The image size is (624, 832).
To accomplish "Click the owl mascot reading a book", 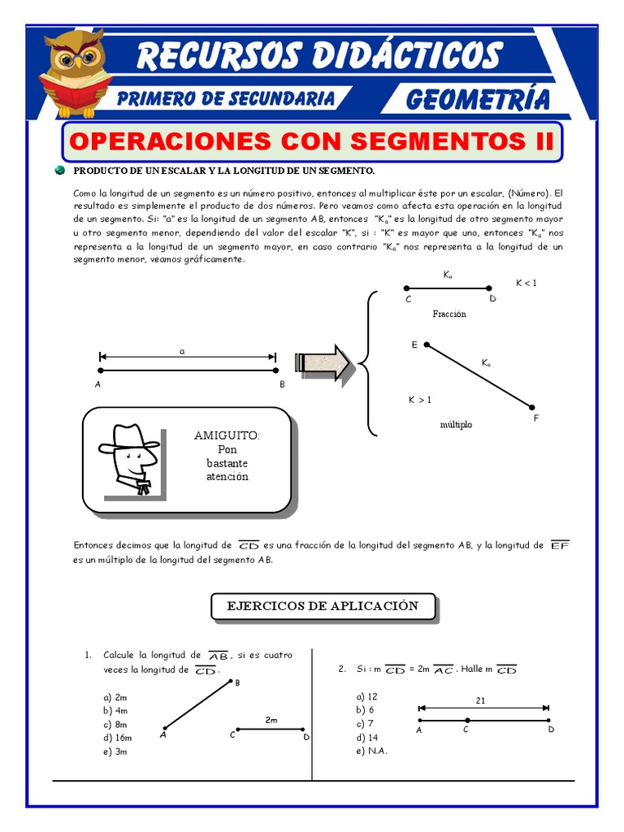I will pyautogui.click(x=76, y=73).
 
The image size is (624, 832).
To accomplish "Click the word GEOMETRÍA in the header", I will pyautogui.click(x=477, y=99).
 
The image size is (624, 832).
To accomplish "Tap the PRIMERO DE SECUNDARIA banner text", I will pyautogui.click(x=226, y=99).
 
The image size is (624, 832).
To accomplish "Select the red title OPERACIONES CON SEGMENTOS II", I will pyautogui.click(x=312, y=141).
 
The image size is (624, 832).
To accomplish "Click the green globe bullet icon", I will pyautogui.click(x=59, y=171).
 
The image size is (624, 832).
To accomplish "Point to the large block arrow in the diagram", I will pyautogui.click(x=324, y=362).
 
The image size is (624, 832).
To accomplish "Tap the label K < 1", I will pyautogui.click(x=526, y=283).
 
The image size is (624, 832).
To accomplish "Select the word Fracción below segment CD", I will pyautogui.click(x=449, y=314).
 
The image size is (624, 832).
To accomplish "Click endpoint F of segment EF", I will pyautogui.click(x=532, y=407).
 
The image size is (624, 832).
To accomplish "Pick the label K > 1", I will pyautogui.click(x=419, y=400).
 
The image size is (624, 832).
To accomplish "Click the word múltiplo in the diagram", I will pyautogui.click(x=455, y=424).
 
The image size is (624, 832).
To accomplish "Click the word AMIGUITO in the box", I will pyautogui.click(x=227, y=435).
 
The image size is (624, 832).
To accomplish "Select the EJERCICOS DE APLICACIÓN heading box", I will pyautogui.click(x=323, y=606).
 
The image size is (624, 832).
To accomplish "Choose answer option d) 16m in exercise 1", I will pyautogui.click(x=117, y=738).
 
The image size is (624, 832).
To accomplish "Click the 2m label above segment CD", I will pyautogui.click(x=271, y=720).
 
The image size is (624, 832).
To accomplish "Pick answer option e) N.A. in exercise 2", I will pyautogui.click(x=371, y=751).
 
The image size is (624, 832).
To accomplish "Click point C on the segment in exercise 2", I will pyautogui.click(x=467, y=720).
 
